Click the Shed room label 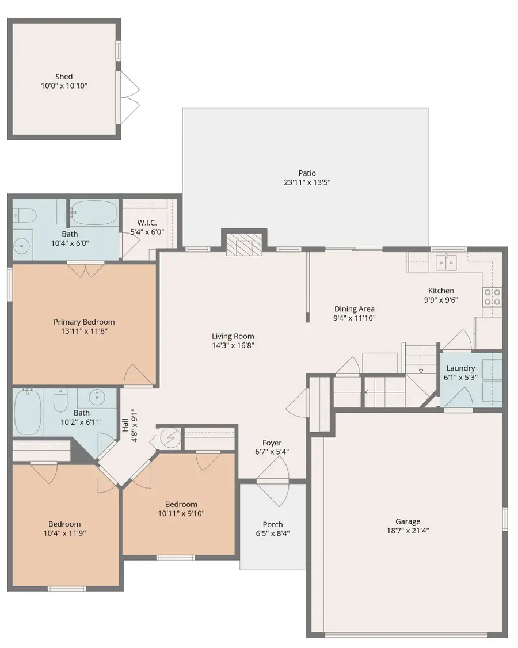64,77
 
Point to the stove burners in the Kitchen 492,296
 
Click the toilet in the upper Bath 25,215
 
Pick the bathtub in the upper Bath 94,213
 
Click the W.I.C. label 147,223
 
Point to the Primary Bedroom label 84,322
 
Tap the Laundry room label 460,368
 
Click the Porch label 272,524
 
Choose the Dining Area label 355,309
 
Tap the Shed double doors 127,97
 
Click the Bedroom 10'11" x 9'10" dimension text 181,514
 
